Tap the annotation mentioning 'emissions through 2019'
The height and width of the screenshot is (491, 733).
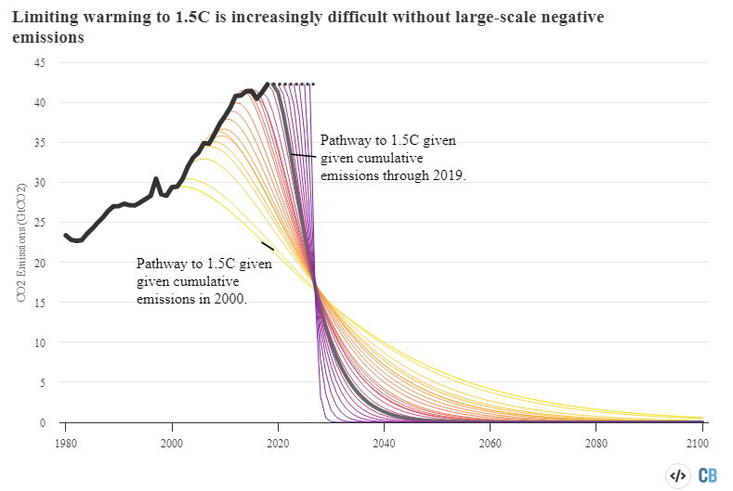[x=392, y=157]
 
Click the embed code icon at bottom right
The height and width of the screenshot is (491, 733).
[x=677, y=475]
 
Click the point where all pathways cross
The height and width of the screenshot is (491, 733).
[x=316, y=285]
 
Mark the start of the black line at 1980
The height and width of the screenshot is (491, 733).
[x=65, y=236]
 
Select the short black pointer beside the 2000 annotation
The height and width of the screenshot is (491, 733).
[x=267, y=246]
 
